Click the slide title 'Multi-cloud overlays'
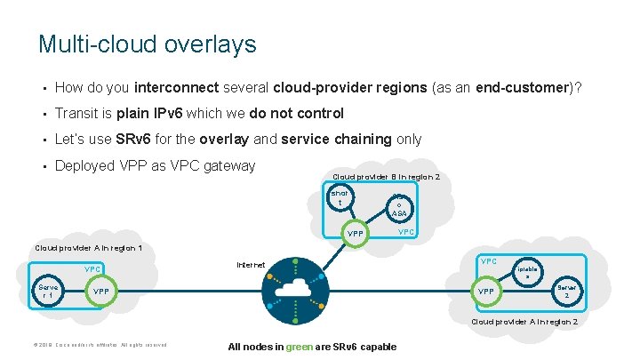147,44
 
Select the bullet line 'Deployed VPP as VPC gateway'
155,165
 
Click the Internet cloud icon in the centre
292,290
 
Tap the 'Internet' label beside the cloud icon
251,265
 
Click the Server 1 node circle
47,291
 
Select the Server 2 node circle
566,291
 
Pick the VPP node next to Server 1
101,292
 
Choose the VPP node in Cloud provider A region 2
487,292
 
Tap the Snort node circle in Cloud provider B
340,198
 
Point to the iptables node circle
526,271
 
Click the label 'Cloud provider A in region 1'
88,247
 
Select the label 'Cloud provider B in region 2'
386,177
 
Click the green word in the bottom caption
299,347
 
